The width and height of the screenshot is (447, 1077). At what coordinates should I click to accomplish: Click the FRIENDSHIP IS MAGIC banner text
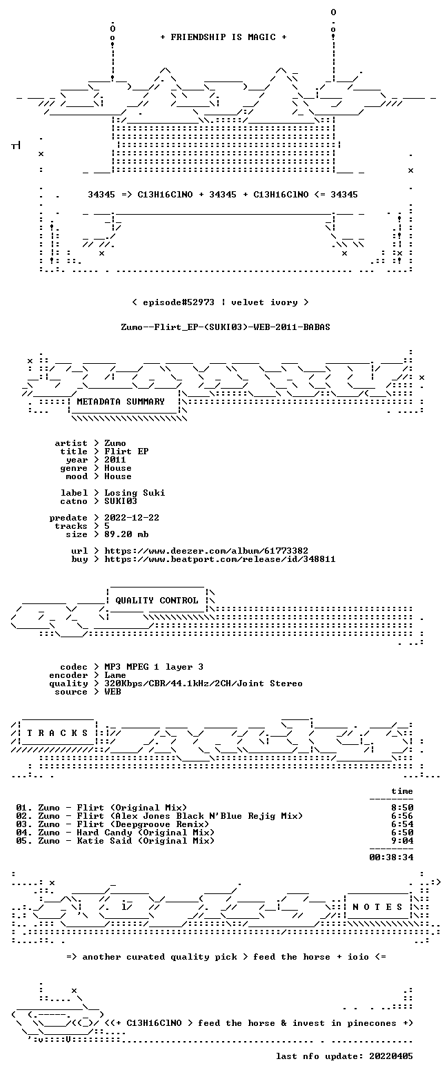223,37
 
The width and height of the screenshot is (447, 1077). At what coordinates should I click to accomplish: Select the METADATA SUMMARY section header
120,402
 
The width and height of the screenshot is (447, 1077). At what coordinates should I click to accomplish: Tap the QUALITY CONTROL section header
157,601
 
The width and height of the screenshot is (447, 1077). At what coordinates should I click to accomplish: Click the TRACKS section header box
58,732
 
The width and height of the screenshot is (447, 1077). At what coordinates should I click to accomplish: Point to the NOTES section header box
378,906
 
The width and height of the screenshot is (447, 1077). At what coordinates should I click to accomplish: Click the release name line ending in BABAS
226,327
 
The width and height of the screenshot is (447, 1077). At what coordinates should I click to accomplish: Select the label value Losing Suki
135,493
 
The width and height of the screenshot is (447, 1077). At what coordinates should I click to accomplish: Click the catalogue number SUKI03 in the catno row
121,501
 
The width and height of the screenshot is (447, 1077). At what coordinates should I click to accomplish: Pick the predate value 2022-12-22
132,518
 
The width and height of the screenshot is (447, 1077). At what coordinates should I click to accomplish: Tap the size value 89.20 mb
126,534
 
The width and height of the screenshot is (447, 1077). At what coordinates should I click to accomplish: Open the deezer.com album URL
206,551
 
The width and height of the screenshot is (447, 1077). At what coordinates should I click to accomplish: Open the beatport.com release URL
219,559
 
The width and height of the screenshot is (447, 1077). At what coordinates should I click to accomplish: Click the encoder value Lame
115,675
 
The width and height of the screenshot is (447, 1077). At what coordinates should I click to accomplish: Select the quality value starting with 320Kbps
203,683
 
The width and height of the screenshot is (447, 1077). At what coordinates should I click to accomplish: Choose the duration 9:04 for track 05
402,840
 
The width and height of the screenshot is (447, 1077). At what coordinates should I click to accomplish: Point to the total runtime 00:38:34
391,857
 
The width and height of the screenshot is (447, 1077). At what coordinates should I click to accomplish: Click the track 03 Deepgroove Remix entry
112,824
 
